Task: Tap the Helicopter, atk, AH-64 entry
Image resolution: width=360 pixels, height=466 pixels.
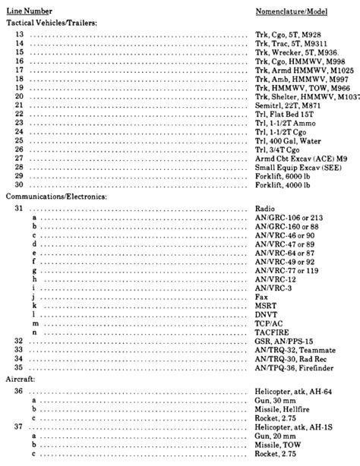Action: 292,391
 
